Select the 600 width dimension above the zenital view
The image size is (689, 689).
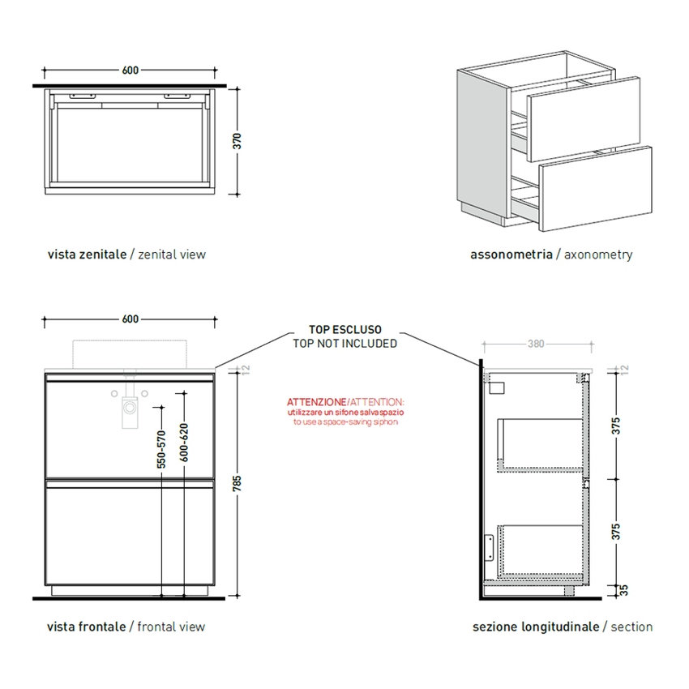[131, 71]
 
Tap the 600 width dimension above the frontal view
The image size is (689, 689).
[131, 319]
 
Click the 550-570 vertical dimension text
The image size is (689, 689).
[161, 449]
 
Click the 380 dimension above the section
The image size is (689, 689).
[536, 344]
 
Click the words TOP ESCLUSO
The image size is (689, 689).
[344, 330]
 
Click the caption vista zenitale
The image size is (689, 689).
[87, 255]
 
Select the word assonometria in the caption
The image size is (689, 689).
[511, 255]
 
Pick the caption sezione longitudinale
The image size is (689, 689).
[536, 627]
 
